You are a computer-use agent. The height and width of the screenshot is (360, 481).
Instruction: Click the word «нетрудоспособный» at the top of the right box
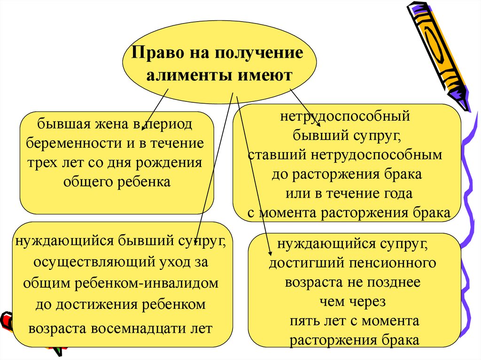[x=346, y=116]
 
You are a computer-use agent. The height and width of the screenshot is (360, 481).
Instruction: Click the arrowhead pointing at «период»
[x=145, y=125]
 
